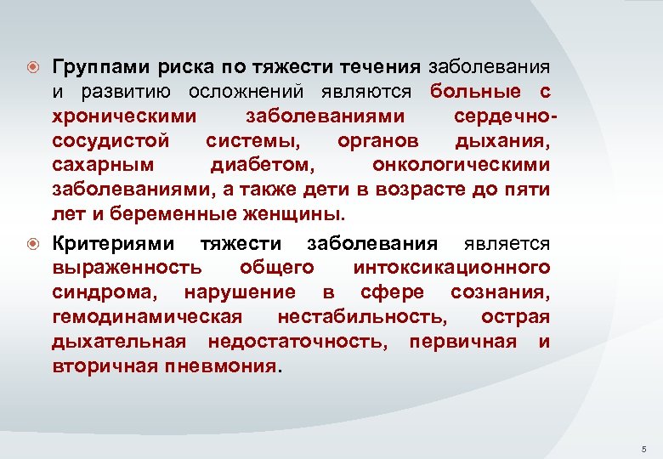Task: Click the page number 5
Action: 643,448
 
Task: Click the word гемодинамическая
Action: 146,318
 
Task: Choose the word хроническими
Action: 124,116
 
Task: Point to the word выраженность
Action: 127,269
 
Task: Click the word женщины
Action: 286,213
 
